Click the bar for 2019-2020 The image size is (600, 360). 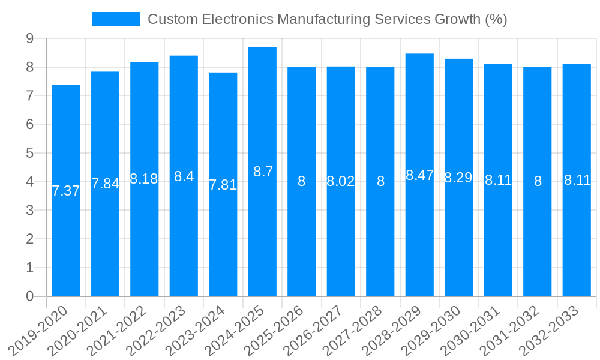[x=66, y=240]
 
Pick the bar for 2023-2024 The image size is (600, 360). [x=223, y=240]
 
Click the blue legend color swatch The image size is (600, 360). [x=116, y=19]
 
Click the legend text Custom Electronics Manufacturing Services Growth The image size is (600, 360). [x=327, y=19]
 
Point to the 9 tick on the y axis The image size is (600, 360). [x=29, y=39]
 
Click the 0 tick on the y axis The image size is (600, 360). [x=29, y=296]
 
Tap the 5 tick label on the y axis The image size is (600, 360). [x=29, y=154]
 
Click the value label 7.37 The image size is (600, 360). [x=66, y=191]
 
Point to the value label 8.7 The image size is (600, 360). [x=263, y=172]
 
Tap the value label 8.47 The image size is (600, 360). [x=419, y=175]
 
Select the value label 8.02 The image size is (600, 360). [x=341, y=181]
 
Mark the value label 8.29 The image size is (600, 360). [x=458, y=178]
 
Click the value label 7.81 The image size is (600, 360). [x=223, y=185]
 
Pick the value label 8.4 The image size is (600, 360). [x=184, y=176]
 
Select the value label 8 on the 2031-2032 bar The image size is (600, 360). [x=538, y=181]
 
